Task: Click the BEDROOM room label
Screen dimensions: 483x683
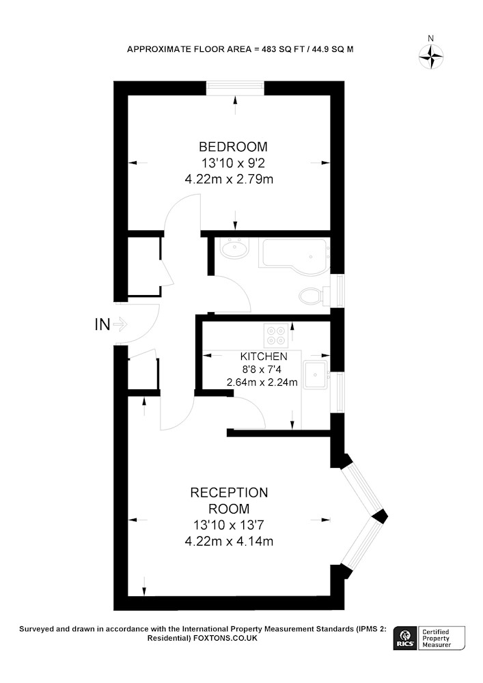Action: pyautogui.click(x=233, y=147)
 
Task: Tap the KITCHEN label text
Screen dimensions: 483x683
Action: pyautogui.click(x=264, y=357)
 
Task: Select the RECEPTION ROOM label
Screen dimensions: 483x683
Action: pyautogui.click(x=229, y=501)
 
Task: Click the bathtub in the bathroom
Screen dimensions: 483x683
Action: pyautogui.click(x=294, y=257)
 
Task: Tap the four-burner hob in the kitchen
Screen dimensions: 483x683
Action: pyautogui.click(x=276, y=335)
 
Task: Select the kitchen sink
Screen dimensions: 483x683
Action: pyautogui.click(x=316, y=375)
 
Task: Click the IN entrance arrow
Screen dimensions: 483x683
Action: pyautogui.click(x=120, y=324)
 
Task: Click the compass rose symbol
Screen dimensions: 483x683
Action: pyautogui.click(x=431, y=57)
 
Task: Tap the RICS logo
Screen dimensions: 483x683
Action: pyautogui.click(x=406, y=638)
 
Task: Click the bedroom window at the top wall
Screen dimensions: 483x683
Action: pyautogui.click(x=235, y=87)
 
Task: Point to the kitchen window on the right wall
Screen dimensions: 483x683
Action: pyautogui.click(x=337, y=392)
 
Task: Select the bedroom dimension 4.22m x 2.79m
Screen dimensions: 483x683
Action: pyautogui.click(x=229, y=179)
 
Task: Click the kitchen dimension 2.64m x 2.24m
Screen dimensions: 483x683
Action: pyautogui.click(x=262, y=382)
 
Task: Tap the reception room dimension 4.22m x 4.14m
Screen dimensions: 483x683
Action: pyautogui.click(x=229, y=542)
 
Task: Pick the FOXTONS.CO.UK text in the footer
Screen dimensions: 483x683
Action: pyautogui.click(x=225, y=638)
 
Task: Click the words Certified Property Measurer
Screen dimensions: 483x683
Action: pyautogui.click(x=436, y=639)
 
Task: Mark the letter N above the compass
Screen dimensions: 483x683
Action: pyautogui.click(x=430, y=38)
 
